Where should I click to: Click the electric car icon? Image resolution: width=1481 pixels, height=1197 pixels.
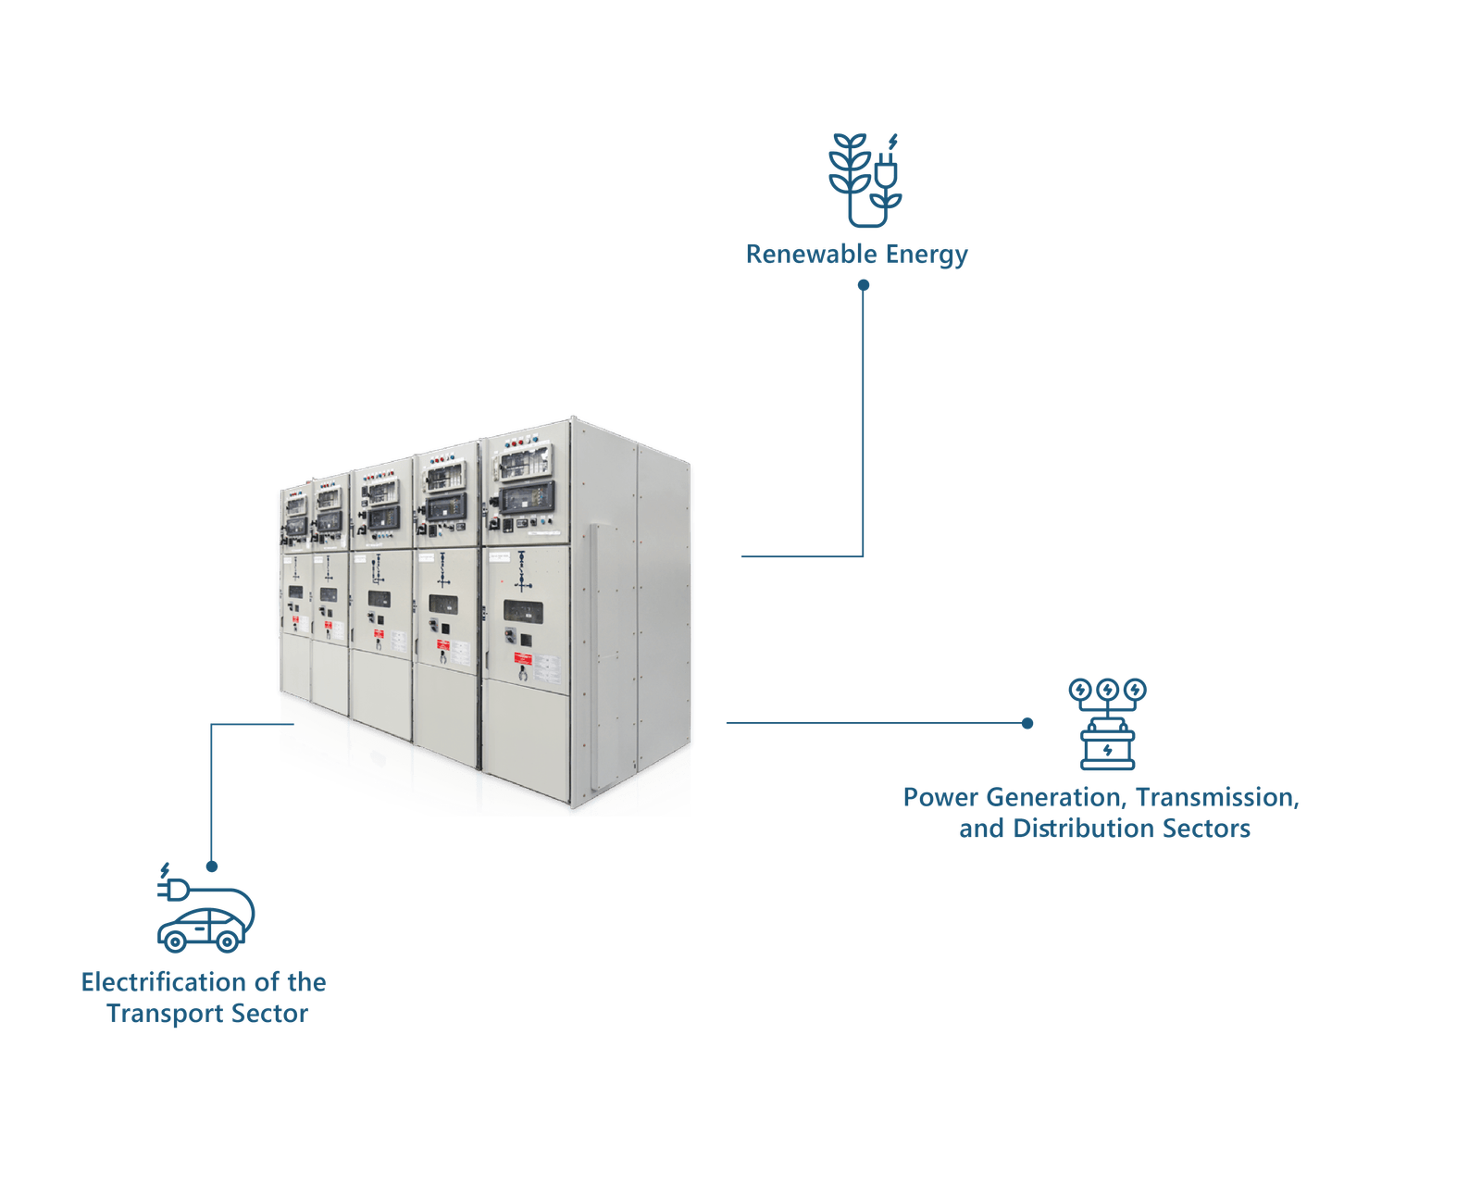(x=203, y=929)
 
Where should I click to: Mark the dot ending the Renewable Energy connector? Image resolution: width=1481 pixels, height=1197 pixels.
(x=863, y=286)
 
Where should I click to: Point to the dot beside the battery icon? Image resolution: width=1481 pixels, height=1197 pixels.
(x=1027, y=723)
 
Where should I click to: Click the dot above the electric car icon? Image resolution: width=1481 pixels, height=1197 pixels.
(x=212, y=867)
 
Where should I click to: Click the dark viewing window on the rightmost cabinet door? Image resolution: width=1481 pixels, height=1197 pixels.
(x=523, y=612)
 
